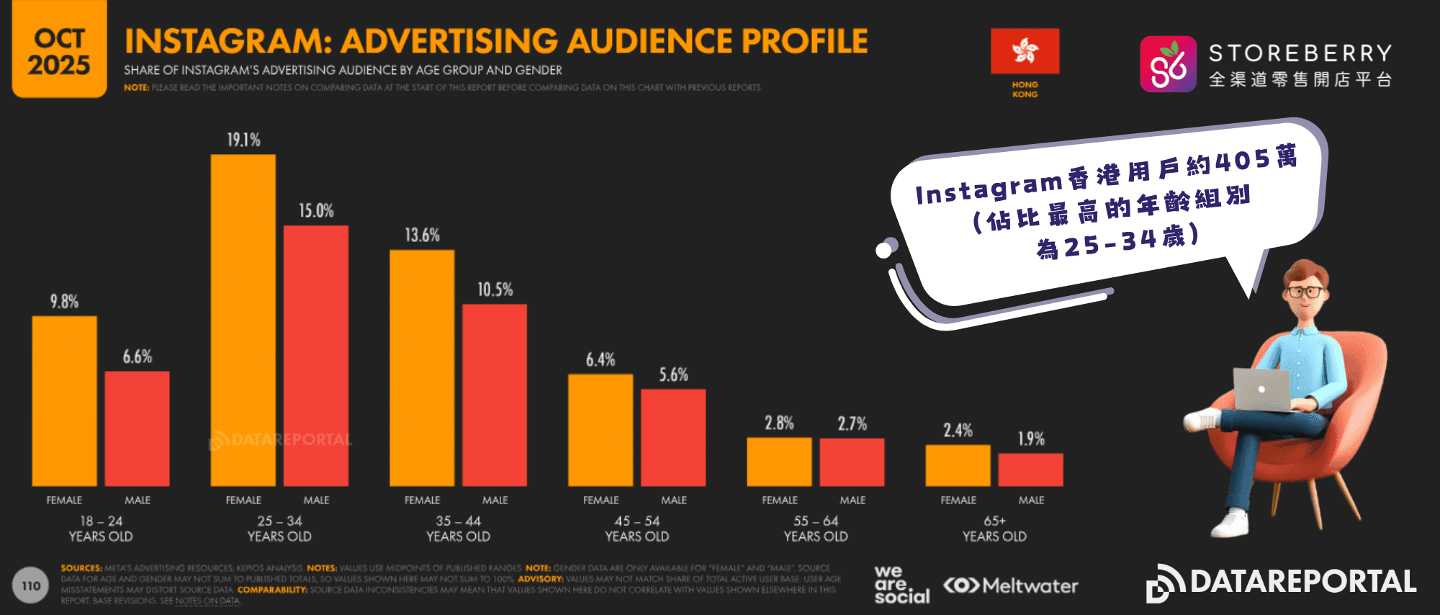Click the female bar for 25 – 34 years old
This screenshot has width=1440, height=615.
(243, 320)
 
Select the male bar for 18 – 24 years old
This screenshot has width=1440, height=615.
(137, 428)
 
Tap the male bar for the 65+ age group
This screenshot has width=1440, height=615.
(1030, 470)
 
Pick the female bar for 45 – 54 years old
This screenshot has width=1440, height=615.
(600, 430)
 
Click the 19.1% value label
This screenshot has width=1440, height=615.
(243, 140)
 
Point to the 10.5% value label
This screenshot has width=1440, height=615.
(495, 289)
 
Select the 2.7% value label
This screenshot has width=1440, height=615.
(852, 423)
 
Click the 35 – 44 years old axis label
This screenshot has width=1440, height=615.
(458, 529)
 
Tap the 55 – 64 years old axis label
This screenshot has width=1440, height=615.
(816, 529)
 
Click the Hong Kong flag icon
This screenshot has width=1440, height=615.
(1025, 51)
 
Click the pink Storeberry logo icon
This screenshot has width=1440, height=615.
(1168, 64)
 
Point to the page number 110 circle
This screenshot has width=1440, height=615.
(31, 585)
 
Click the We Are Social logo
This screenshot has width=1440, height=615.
(901, 584)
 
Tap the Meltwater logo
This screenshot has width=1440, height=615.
(1011, 585)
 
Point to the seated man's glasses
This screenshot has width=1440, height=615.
(1305, 292)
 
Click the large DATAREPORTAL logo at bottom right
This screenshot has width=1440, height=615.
(1282, 583)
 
